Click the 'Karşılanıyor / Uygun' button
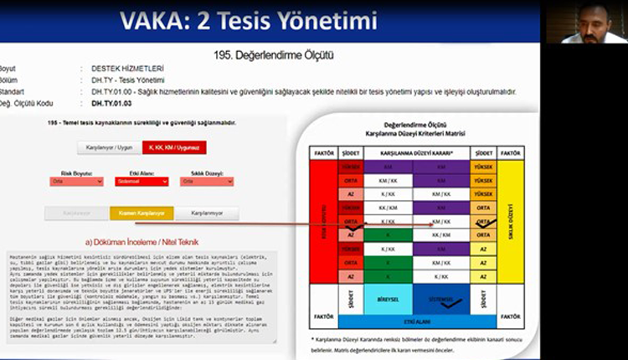click(109, 147)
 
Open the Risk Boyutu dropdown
click(77, 181)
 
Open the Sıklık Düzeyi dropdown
click(206, 181)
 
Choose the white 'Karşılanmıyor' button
click(207, 213)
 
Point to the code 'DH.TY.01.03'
click(111, 102)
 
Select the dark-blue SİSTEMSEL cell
click(440, 296)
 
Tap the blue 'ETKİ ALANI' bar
click(406, 320)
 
